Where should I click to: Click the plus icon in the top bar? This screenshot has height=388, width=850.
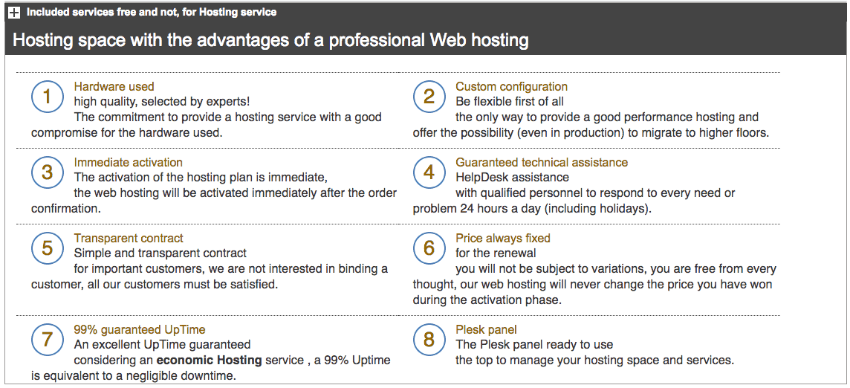pyautogui.click(x=15, y=13)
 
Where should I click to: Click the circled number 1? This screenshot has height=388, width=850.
pyautogui.click(x=47, y=97)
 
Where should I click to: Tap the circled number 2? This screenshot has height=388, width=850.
pyautogui.click(x=429, y=97)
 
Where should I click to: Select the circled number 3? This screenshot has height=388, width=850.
pyautogui.click(x=47, y=172)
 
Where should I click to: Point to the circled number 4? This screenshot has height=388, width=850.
pyautogui.click(x=429, y=172)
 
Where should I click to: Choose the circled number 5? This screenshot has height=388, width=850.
pyautogui.click(x=47, y=248)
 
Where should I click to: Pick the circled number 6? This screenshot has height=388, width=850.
pyautogui.click(x=429, y=248)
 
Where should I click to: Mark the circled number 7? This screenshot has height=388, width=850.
pyautogui.click(x=47, y=339)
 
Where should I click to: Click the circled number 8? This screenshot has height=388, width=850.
pyautogui.click(x=429, y=339)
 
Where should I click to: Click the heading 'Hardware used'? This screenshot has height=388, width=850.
pyautogui.click(x=114, y=86)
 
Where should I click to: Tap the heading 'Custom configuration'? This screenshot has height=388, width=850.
pyautogui.click(x=511, y=86)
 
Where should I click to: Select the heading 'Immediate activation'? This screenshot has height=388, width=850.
pyautogui.click(x=128, y=162)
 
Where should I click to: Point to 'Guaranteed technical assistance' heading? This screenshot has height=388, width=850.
pyautogui.click(x=542, y=162)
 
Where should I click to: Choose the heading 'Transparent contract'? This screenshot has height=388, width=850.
pyautogui.click(x=129, y=239)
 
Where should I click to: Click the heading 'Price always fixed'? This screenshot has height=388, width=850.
pyautogui.click(x=502, y=239)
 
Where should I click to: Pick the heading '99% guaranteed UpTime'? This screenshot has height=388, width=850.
pyautogui.click(x=140, y=329)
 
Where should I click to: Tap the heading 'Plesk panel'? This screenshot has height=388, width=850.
pyautogui.click(x=486, y=329)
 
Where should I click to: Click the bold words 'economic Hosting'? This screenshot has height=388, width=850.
pyautogui.click(x=210, y=360)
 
